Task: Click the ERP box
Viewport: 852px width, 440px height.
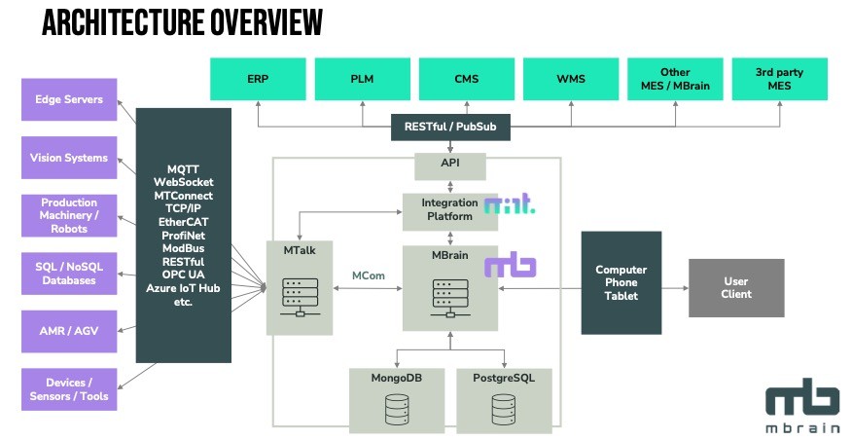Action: pos(258,79)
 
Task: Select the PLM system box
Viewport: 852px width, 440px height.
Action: pos(362,79)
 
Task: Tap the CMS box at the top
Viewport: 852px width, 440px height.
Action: pos(466,79)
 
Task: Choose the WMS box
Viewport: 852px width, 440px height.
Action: pos(570,79)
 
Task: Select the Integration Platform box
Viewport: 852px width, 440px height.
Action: pos(448,210)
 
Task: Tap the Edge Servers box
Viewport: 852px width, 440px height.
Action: pos(68,99)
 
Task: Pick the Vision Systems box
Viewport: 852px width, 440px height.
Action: pos(68,158)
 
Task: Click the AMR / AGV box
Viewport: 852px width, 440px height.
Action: pos(68,331)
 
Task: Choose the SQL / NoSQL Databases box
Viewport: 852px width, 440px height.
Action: pos(68,274)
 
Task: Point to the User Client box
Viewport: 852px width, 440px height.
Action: pos(736,288)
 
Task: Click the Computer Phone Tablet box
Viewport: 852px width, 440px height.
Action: pos(621,282)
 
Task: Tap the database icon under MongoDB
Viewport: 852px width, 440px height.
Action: pos(398,409)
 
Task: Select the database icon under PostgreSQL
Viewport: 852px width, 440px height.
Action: pos(504,409)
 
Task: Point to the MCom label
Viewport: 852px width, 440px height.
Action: pos(370,275)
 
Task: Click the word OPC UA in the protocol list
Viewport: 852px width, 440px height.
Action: pos(182,275)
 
